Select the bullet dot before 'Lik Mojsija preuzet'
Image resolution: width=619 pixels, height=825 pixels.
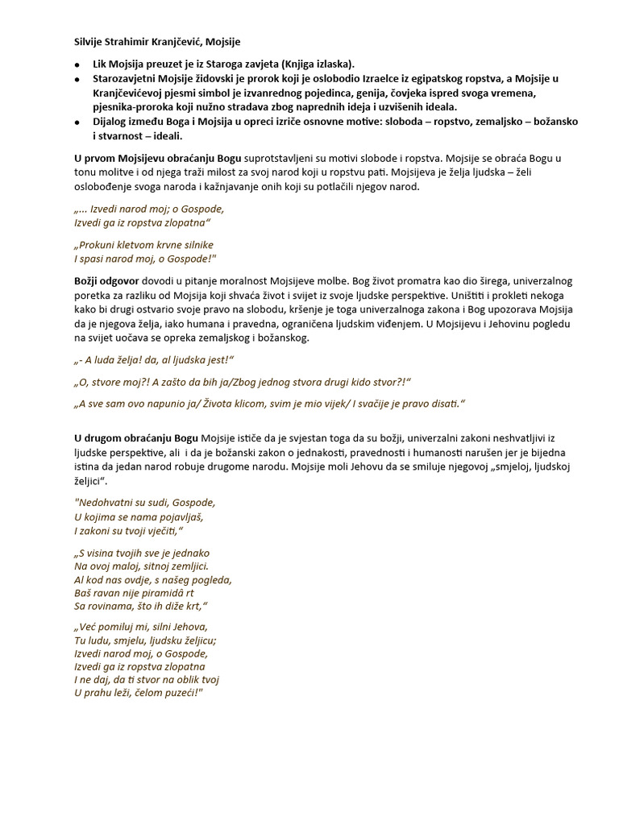[77, 64]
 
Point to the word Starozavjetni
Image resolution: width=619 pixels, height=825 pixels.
[130, 78]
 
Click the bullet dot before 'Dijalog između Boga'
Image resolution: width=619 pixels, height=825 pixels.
[77, 122]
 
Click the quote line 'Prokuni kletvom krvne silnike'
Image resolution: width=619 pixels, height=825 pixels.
[143, 244]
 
